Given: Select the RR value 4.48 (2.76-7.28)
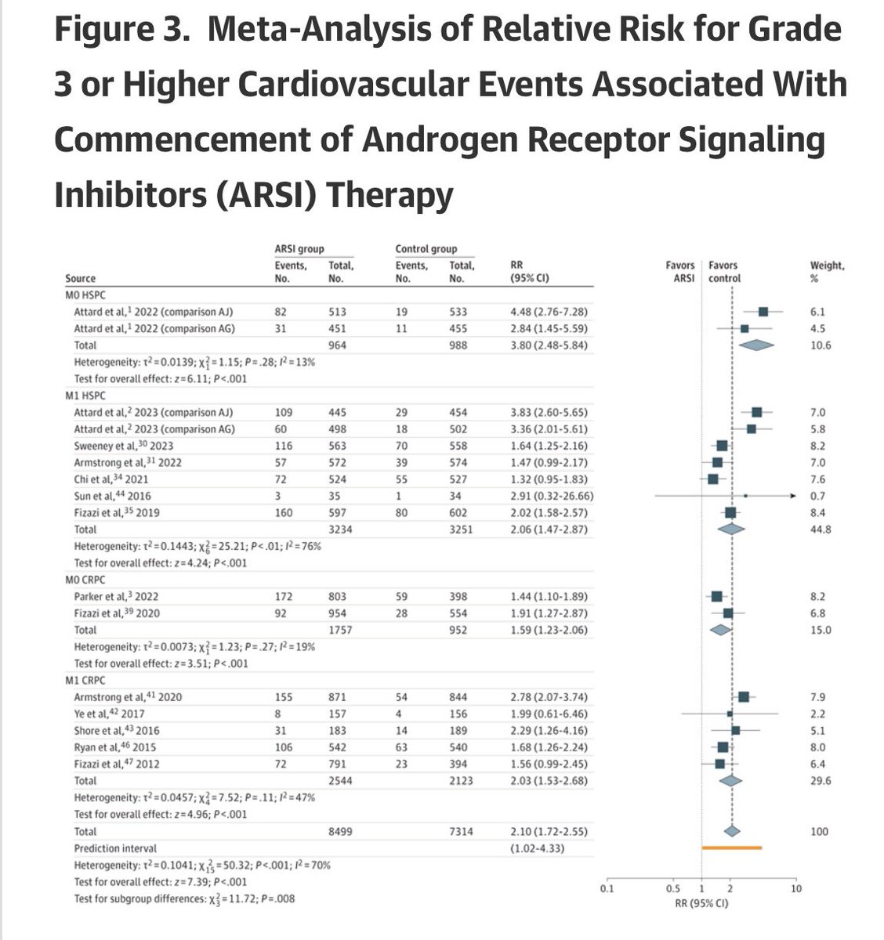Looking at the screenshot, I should click(x=549, y=312).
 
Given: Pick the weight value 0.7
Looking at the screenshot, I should click(x=817, y=496).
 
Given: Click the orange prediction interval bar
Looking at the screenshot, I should click(x=732, y=848).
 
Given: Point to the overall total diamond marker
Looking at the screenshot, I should click(x=732, y=831).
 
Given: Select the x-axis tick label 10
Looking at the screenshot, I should click(x=795, y=889).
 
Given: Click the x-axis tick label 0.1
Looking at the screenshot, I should click(x=606, y=889).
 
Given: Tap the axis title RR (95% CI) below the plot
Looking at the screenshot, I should click(x=701, y=903).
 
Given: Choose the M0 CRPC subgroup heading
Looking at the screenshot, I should click(x=85, y=580).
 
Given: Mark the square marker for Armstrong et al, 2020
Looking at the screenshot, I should click(x=743, y=696).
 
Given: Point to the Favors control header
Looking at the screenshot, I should click(x=724, y=272).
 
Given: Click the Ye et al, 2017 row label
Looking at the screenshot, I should click(x=109, y=714).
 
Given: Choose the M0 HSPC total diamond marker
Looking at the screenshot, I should click(x=755, y=345).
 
